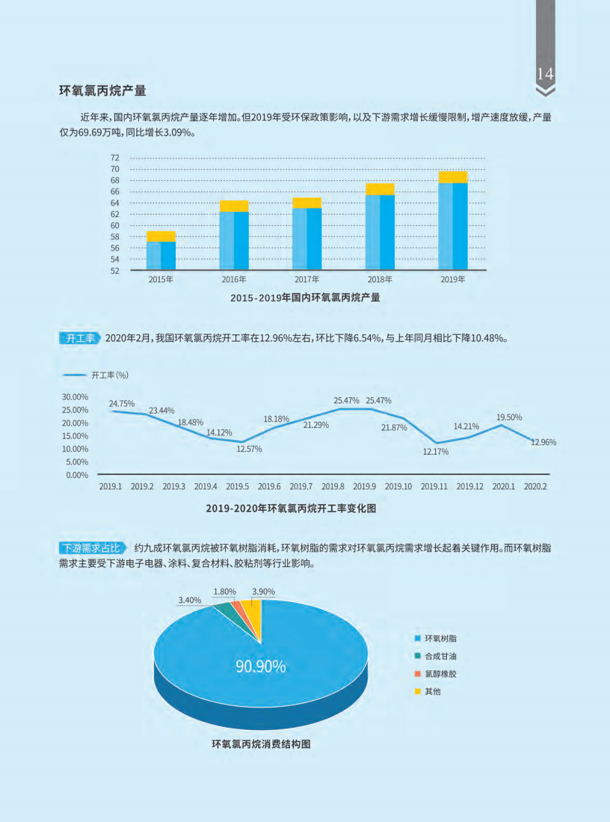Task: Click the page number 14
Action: pyautogui.click(x=545, y=74)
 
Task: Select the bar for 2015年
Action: pyautogui.click(x=161, y=254)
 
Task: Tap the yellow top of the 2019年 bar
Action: pyautogui.click(x=453, y=177)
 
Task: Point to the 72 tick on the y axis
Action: pyautogui.click(x=114, y=158)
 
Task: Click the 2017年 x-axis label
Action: pyautogui.click(x=306, y=280)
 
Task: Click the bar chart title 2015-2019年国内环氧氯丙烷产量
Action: pyautogui.click(x=305, y=298)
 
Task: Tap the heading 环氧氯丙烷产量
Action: pyautogui.click(x=102, y=91)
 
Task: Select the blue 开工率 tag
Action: pyautogui.click(x=80, y=338)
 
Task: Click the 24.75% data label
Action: pyautogui.click(x=122, y=404)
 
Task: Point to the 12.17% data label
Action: pyautogui.click(x=435, y=452)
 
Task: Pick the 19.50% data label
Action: pyautogui.click(x=509, y=417)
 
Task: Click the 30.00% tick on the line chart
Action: pyautogui.click(x=75, y=396)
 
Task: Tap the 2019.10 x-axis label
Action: pyautogui.click(x=398, y=486)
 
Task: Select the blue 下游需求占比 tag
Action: pyautogui.click(x=93, y=548)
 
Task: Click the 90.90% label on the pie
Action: pyautogui.click(x=261, y=666)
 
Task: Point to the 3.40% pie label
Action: pyautogui.click(x=189, y=600)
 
